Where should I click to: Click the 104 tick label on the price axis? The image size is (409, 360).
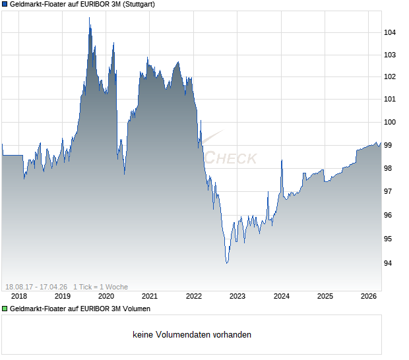click(390, 32)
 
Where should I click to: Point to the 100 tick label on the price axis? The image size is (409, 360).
click(390, 122)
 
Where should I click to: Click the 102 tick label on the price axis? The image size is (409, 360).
click(390, 76)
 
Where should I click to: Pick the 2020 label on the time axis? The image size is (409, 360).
click(106, 297)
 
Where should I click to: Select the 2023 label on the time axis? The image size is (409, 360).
click(237, 297)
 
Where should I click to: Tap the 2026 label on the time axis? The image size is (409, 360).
click(368, 297)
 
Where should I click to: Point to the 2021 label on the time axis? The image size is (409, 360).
click(149, 297)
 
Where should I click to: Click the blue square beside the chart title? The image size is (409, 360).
click(5, 4)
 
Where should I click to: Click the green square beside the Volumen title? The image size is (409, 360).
click(5, 309)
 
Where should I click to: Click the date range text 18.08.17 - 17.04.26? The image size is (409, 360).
click(36, 287)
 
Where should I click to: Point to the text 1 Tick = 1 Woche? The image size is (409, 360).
click(100, 287)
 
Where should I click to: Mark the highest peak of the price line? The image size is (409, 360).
click(90, 18)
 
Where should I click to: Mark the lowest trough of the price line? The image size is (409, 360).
click(227, 263)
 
